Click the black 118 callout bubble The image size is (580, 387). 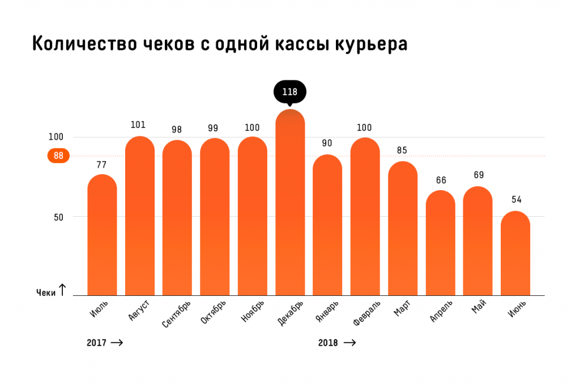coord(289,92)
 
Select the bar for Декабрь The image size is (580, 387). coord(290,204)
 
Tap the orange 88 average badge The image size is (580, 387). coord(58,156)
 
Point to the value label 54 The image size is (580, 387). coord(516,199)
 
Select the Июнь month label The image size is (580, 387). coord(517,310)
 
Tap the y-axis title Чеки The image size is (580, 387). coord(46,293)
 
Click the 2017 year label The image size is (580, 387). coord(96,343)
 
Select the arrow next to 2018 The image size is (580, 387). coord(349,343)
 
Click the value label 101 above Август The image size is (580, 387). coord(139,124)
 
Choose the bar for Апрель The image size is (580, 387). coord(440,243)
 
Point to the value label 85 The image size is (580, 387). coord(403,150)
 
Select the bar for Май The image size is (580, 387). coord(477,240)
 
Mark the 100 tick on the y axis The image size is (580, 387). coord(56,137)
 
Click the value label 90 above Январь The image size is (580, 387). coord(327,143)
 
